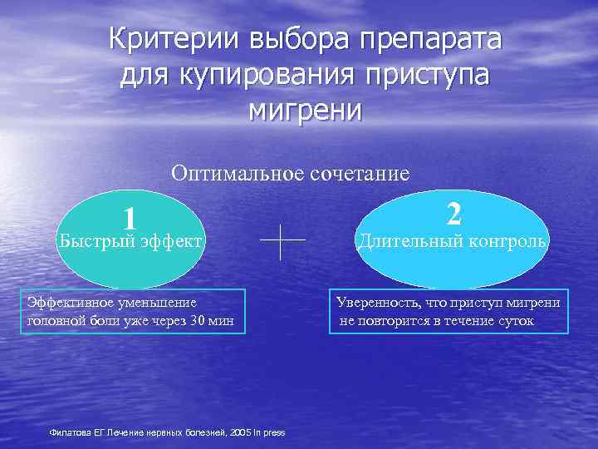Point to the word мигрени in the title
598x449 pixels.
click(305, 109)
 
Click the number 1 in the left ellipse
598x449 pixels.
click(129, 218)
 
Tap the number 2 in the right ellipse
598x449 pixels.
click(453, 214)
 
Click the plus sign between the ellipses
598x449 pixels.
click(282, 242)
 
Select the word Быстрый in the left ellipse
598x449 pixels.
click(94, 241)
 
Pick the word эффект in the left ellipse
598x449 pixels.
click(170, 241)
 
